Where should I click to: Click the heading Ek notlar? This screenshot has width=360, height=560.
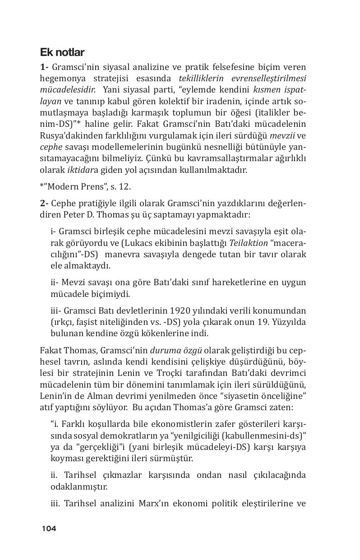[62, 53]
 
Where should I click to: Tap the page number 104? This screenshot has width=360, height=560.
[49, 528]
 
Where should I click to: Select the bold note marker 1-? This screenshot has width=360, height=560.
[45, 67]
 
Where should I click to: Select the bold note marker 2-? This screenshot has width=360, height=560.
[45, 204]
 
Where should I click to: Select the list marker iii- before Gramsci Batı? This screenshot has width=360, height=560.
[56, 311]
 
